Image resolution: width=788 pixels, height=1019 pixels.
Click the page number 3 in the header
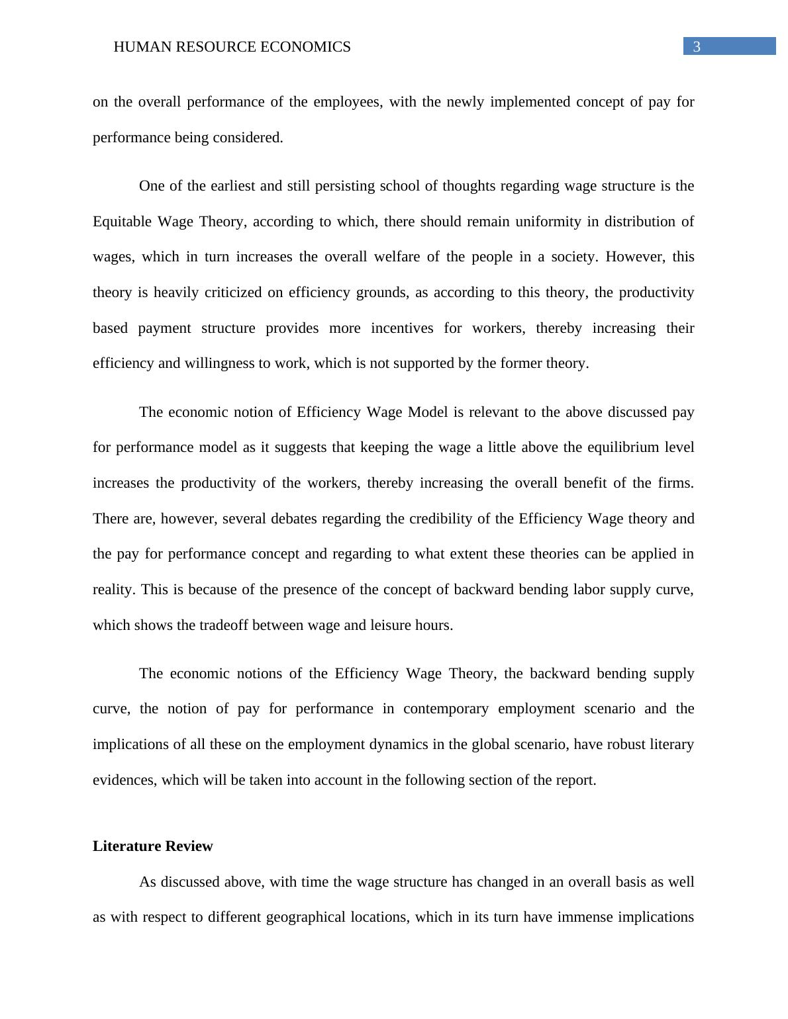(x=696, y=47)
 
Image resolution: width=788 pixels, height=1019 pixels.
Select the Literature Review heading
(x=153, y=846)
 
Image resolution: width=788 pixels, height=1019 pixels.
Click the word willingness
(x=218, y=363)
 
